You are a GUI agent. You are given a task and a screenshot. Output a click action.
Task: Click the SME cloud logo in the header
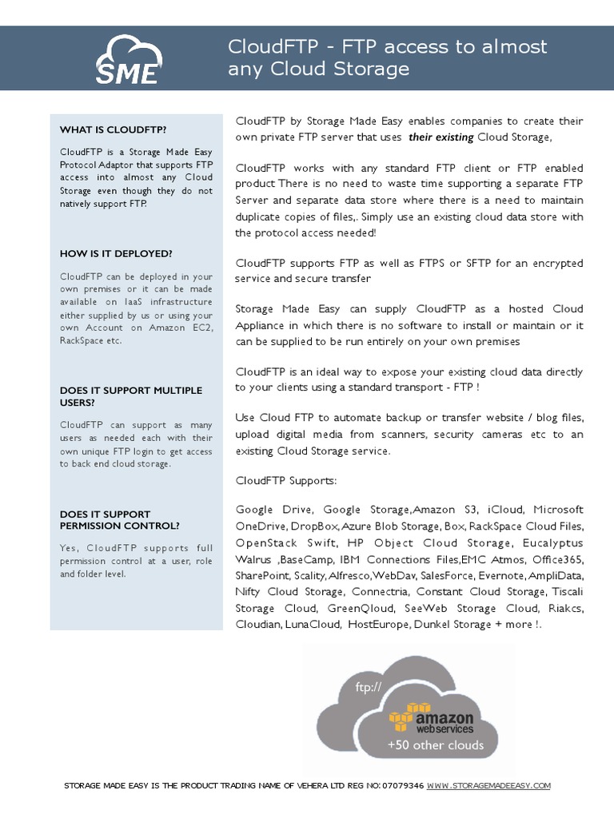[x=128, y=59]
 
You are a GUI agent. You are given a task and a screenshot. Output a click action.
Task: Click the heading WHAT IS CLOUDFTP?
[x=113, y=129]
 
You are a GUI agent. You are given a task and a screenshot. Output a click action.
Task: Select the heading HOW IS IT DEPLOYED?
[x=116, y=253]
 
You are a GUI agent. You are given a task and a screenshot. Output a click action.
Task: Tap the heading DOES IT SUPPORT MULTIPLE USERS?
[x=131, y=396]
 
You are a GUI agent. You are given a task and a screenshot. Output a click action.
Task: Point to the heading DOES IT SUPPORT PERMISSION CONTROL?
[x=120, y=520]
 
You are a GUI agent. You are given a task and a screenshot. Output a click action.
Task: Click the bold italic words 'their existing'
[x=441, y=137]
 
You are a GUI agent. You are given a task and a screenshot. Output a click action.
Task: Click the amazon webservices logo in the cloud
[x=432, y=718]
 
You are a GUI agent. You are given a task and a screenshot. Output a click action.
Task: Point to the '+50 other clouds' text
[x=436, y=745]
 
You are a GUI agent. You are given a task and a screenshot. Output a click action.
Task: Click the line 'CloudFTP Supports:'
[x=286, y=482]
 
